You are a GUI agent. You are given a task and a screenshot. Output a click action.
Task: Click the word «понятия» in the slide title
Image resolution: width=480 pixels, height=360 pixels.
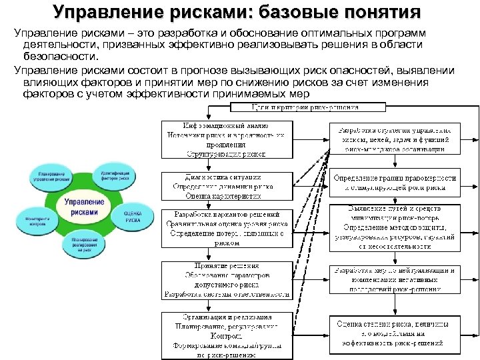[x=383, y=12]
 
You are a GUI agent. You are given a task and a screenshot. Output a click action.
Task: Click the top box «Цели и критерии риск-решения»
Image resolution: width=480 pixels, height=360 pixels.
[x=304, y=107]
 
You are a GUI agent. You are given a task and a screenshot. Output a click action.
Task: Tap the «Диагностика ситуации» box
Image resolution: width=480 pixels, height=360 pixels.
[x=227, y=187]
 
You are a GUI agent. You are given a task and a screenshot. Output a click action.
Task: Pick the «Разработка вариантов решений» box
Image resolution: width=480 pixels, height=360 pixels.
[x=227, y=229]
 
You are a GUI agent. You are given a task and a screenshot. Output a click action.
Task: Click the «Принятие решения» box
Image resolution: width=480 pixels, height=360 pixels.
[x=227, y=279]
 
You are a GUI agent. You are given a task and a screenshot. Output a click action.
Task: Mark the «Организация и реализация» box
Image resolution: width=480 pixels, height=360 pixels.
[x=227, y=335]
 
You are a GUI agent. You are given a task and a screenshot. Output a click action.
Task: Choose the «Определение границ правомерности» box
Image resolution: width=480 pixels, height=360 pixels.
[x=396, y=183]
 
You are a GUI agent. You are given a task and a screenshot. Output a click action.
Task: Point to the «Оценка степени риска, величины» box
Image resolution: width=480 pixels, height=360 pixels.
[x=396, y=333]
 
